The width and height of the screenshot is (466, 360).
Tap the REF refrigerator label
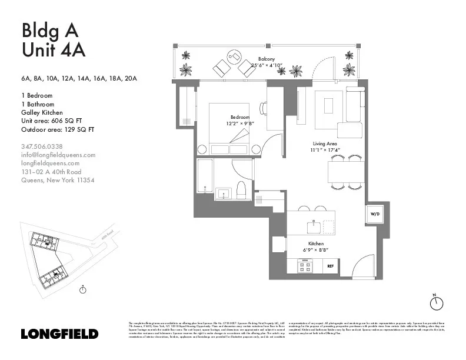coord(331,266)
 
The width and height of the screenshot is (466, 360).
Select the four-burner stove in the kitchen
coord(305,266)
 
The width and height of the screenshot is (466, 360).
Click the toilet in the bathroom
coord(241,189)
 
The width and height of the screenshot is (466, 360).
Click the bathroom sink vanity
coord(223,193)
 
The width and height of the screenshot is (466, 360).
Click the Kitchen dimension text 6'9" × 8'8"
coord(315,250)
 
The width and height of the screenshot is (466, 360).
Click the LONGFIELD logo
coord(59,334)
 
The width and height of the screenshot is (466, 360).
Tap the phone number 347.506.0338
coord(42,146)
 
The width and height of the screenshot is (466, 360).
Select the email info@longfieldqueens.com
coord(58,155)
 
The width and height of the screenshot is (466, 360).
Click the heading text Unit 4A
coord(54,50)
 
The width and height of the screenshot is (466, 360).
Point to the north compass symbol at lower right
coord(436,303)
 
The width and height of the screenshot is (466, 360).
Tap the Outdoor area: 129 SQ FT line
coord(57,129)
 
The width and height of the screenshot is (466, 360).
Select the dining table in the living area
coord(347,172)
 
